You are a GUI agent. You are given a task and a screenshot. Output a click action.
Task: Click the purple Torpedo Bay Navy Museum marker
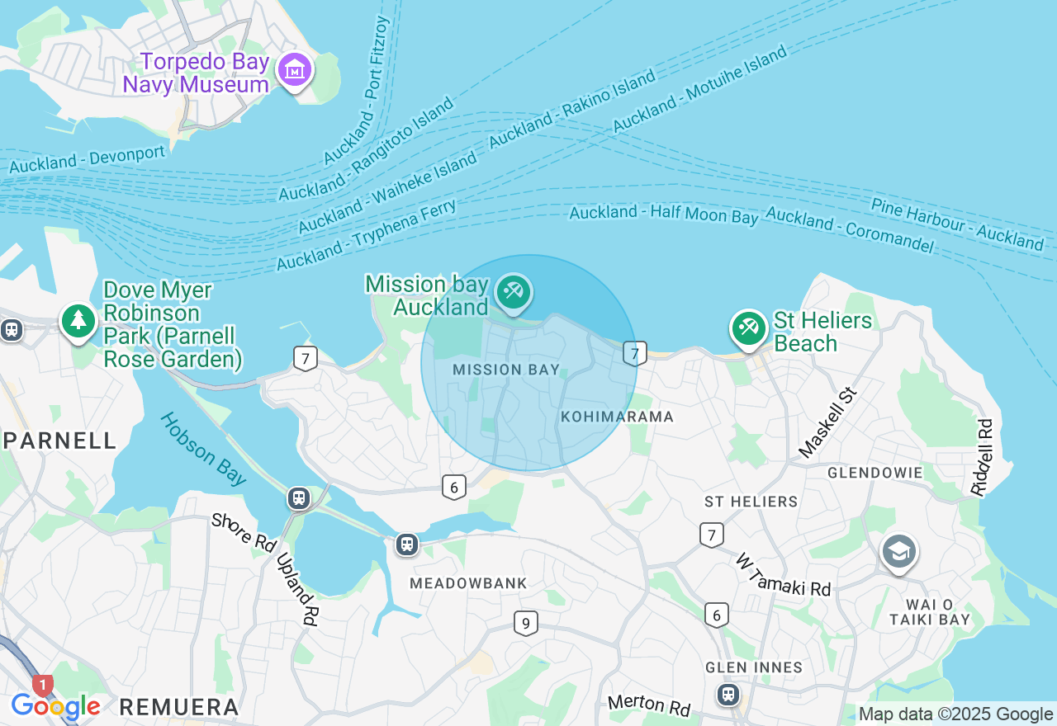pyautogui.click(x=295, y=71)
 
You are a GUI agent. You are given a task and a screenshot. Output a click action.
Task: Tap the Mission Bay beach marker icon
pyautogui.click(x=514, y=292)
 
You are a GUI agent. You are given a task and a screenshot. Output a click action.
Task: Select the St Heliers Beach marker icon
pyautogui.click(x=749, y=328)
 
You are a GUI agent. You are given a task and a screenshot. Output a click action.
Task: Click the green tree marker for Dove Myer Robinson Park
pyautogui.click(x=78, y=321)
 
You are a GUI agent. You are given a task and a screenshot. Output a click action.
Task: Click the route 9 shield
pyautogui.click(x=525, y=623)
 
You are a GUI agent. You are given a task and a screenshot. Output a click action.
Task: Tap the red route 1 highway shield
pyautogui.click(x=42, y=686)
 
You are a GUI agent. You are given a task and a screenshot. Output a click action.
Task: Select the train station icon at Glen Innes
pyautogui.click(x=728, y=694)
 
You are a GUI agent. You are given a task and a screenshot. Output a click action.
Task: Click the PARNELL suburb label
pyautogui.click(x=59, y=441)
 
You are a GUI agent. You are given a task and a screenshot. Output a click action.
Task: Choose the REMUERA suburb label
pyautogui.click(x=179, y=707)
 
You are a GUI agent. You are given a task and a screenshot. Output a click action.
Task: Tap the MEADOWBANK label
pyautogui.click(x=468, y=583)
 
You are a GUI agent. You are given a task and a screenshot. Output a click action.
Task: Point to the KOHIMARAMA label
pyautogui.click(x=618, y=417)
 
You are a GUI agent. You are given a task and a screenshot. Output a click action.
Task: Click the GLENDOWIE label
pyautogui.click(x=875, y=473)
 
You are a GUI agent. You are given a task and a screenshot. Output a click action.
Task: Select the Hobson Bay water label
pyautogui.click(x=203, y=449)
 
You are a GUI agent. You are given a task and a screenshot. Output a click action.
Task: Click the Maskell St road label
pyautogui.click(x=829, y=422)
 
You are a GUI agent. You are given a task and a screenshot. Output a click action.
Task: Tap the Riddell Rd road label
pyautogui.click(x=982, y=457)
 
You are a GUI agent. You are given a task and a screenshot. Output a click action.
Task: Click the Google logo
pyautogui.click(x=55, y=706)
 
